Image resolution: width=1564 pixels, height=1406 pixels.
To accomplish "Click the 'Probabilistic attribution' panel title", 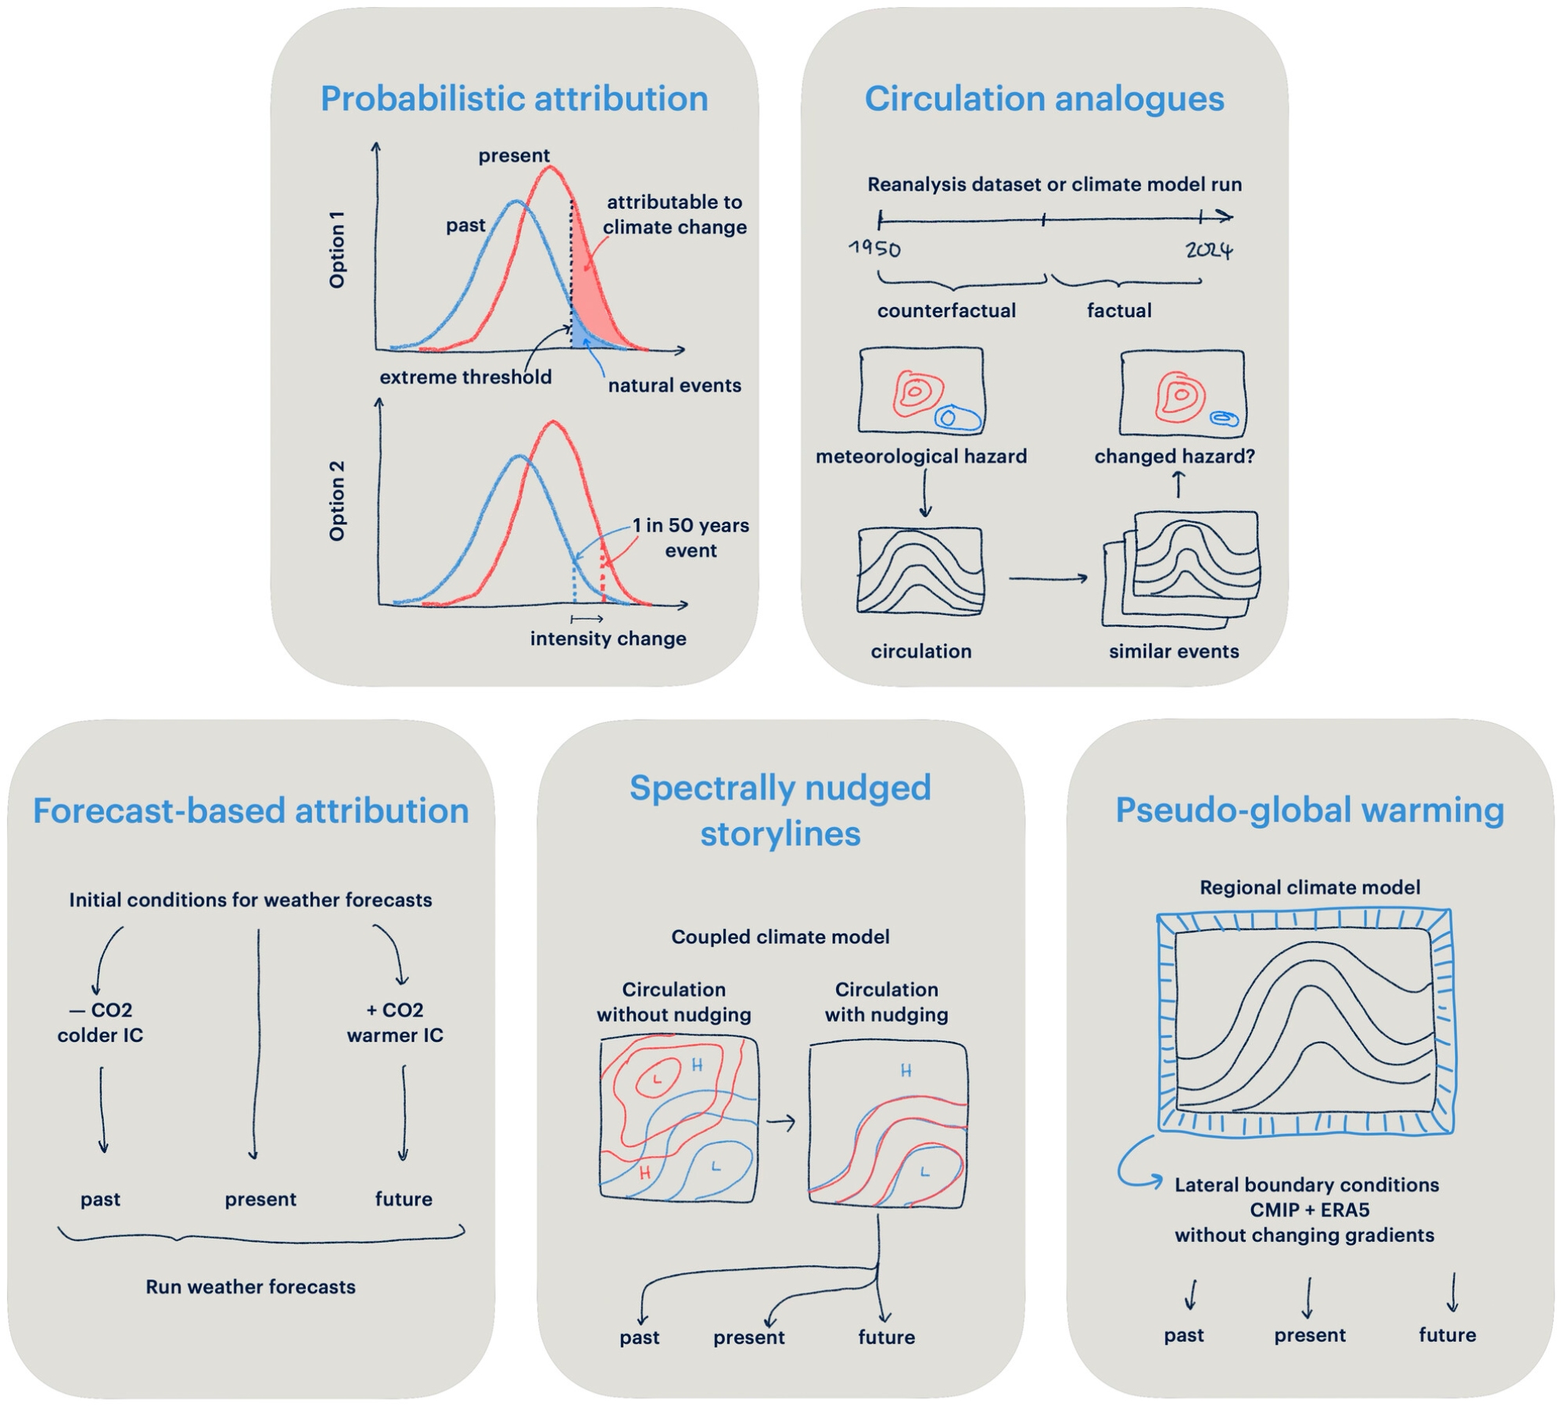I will [514, 99].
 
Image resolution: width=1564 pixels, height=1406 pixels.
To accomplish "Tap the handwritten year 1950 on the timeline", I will [875, 249].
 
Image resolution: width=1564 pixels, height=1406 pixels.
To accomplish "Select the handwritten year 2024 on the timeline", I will [1209, 250].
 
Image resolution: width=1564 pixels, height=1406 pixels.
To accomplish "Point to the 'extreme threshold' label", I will [465, 377].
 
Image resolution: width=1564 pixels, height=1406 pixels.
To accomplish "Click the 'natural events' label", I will [674, 385].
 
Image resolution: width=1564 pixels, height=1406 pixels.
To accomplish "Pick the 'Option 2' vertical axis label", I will [337, 500].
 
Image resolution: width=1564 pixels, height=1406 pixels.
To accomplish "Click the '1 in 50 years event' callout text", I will [691, 538].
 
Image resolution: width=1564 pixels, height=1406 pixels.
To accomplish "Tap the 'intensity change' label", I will [608, 639].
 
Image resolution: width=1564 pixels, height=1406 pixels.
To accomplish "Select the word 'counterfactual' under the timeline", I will [946, 310].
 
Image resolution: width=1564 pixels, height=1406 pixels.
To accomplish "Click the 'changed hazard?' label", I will [1174, 456].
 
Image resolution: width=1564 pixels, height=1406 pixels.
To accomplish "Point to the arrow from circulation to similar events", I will [1048, 578].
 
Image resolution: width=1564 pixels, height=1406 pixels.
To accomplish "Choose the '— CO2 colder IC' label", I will [100, 1022].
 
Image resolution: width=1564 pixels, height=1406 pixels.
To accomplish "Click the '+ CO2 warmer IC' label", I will [395, 1022].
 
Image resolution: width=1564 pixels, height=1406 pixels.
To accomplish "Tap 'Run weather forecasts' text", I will [250, 1286].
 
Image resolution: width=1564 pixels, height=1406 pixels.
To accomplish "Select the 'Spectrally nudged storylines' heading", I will [780, 810].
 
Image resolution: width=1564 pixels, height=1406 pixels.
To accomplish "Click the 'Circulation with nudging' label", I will [886, 1002].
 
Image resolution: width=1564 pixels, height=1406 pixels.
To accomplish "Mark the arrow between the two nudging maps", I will [780, 1122].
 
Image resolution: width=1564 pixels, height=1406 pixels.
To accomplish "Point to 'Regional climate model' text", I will [1310, 887].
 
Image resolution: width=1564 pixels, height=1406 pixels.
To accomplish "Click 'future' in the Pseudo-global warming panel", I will [1447, 1335].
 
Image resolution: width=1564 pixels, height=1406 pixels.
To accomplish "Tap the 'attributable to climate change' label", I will [674, 214].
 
